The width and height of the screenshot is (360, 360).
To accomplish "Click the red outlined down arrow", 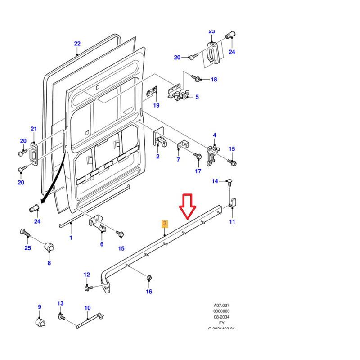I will [188, 207].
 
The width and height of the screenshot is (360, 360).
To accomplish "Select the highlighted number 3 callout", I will [165, 223].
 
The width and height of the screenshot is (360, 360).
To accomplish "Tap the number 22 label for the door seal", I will [77, 44].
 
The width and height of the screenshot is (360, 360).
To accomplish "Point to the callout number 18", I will [214, 80].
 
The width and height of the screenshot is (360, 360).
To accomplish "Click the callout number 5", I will [197, 97].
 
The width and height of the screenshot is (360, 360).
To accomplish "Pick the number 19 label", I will [156, 106].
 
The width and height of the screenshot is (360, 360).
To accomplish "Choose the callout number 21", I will [33, 129].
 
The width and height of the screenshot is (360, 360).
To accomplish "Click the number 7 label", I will [178, 160].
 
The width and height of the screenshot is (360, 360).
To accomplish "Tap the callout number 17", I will [198, 171].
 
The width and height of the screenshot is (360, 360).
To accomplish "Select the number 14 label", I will [215, 181].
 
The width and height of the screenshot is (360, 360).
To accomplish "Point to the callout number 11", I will [232, 222].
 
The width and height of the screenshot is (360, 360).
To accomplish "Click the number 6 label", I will [102, 244].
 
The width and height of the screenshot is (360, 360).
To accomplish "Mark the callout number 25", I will [27, 248].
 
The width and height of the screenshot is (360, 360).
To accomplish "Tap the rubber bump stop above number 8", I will [49, 247].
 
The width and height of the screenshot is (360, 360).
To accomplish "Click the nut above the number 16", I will [148, 279].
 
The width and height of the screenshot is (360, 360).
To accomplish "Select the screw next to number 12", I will [88, 287].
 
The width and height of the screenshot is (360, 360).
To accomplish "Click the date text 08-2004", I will [222, 317].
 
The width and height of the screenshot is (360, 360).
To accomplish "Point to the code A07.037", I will [222, 305].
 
